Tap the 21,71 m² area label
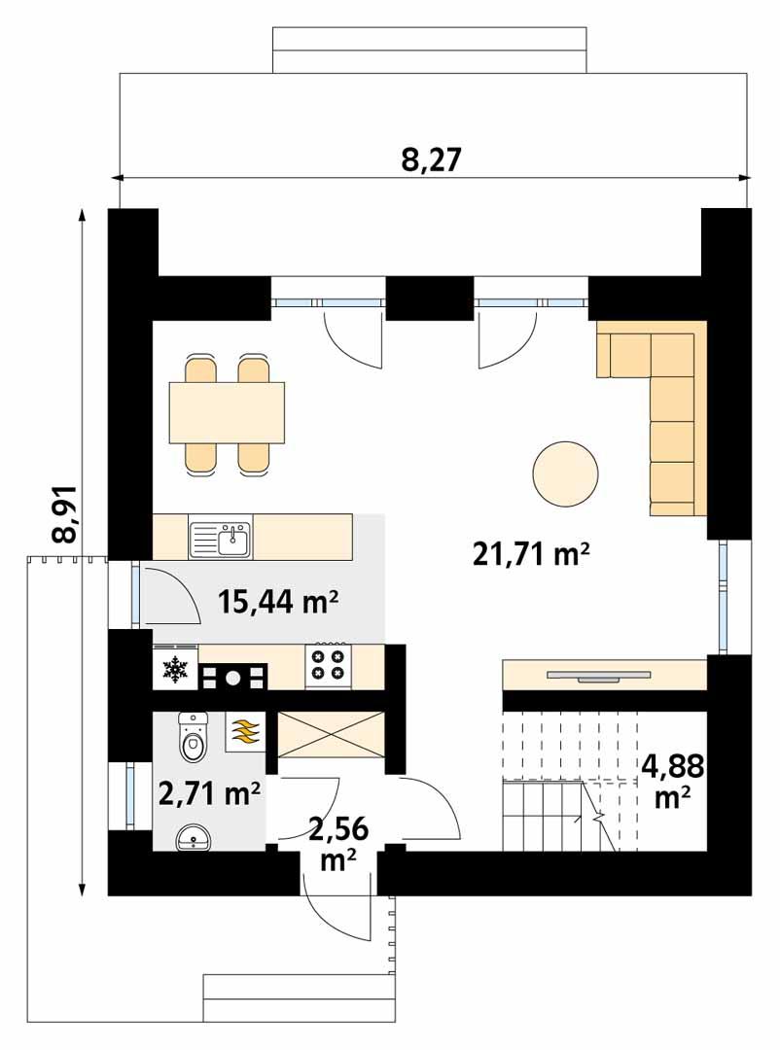tap(532, 555)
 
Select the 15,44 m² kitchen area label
tap(277, 603)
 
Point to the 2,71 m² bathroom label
tap(209, 795)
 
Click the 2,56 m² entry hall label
tap(332, 842)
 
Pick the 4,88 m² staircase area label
tap(672, 781)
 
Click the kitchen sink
tap(221, 538)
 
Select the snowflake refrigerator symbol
tap(175, 669)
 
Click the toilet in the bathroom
tap(194, 740)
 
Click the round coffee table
tap(566, 473)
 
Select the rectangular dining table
tap(227, 411)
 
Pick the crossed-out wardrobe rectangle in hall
tap(332, 735)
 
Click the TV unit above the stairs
tap(604, 674)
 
